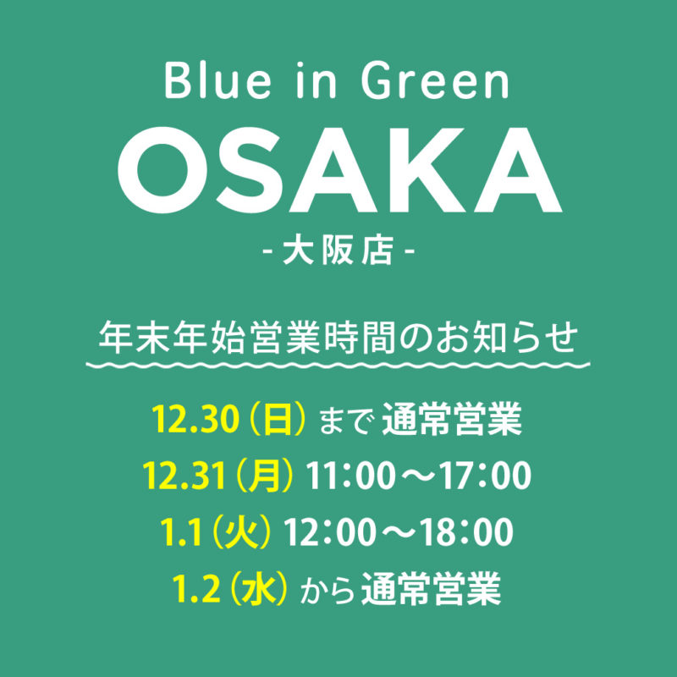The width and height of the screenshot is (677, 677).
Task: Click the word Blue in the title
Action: pyautogui.click(x=218, y=80)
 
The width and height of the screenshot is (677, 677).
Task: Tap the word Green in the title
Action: pyautogui.click(x=435, y=80)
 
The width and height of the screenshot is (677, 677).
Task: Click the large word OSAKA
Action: pyautogui.click(x=340, y=170)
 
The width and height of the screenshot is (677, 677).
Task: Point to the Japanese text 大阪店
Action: pyautogui.click(x=338, y=251)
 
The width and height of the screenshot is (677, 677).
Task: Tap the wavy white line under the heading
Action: pyautogui.click(x=338, y=366)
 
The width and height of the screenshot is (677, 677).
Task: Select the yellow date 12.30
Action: pyautogui.click(x=195, y=419)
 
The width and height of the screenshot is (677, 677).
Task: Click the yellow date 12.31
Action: pyautogui.click(x=184, y=476)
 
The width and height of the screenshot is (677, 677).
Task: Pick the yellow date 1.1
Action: pyautogui.click(x=181, y=532)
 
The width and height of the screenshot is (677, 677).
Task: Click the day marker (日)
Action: pyautogui.click(x=276, y=419)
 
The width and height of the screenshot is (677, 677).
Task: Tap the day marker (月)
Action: pyautogui.click(x=262, y=476)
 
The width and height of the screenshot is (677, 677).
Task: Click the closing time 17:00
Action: pyautogui.click(x=486, y=476)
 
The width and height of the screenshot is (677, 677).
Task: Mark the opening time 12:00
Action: pyautogui.click(x=329, y=532)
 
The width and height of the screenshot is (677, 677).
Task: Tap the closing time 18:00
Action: pyautogui.click(x=468, y=532)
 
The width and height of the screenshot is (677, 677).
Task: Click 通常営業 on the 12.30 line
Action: pyautogui.click(x=452, y=419)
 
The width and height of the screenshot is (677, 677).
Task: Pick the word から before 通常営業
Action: pyautogui.click(x=327, y=590)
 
